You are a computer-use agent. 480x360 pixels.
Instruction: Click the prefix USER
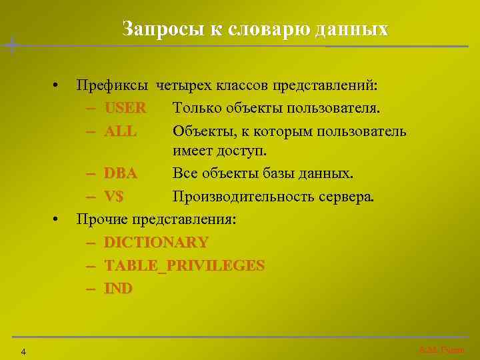click(x=125, y=107)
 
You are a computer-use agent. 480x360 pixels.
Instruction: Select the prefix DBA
click(x=121, y=174)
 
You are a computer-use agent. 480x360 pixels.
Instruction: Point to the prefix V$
click(x=118, y=197)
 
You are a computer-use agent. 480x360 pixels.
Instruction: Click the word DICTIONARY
click(x=156, y=242)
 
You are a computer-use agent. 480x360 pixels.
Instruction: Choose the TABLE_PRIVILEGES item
click(x=184, y=265)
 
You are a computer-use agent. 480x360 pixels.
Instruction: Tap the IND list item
click(x=118, y=288)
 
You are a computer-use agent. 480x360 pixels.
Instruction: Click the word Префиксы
click(x=114, y=85)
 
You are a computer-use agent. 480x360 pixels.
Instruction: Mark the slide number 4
click(x=23, y=351)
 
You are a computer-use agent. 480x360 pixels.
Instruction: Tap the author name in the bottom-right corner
click(x=441, y=350)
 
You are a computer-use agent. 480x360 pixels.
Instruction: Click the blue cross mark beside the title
click(x=12, y=45)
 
